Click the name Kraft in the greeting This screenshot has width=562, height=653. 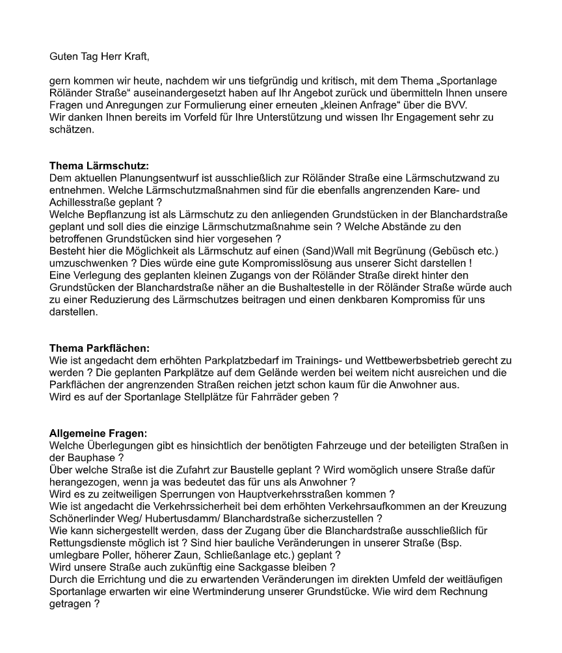[x=135, y=57]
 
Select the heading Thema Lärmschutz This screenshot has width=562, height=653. [x=99, y=166]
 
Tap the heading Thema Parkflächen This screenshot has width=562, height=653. [x=104, y=349]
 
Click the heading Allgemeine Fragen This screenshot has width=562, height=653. [x=98, y=433]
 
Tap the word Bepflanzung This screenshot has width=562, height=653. [x=109, y=215]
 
